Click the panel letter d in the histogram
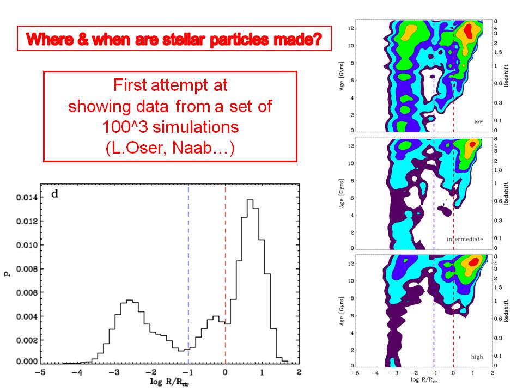pyautogui.click(x=55, y=193)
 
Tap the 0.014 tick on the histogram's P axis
pyautogui.click(x=23, y=198)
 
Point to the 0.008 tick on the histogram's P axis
pyautogui.click(x=23, y=268)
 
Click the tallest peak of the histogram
pyautogui.click(x=250, y=201)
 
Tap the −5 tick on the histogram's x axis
pyautogui.click(x=39, y=372)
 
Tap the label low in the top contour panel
pyautogui.click(x=478, y=121)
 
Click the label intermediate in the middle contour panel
pyautogui.click(x=465, y=239)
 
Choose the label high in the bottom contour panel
pyautogui.click(x=477, y=357)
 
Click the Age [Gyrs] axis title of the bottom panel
pyautogui.click(x=342, y=311)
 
